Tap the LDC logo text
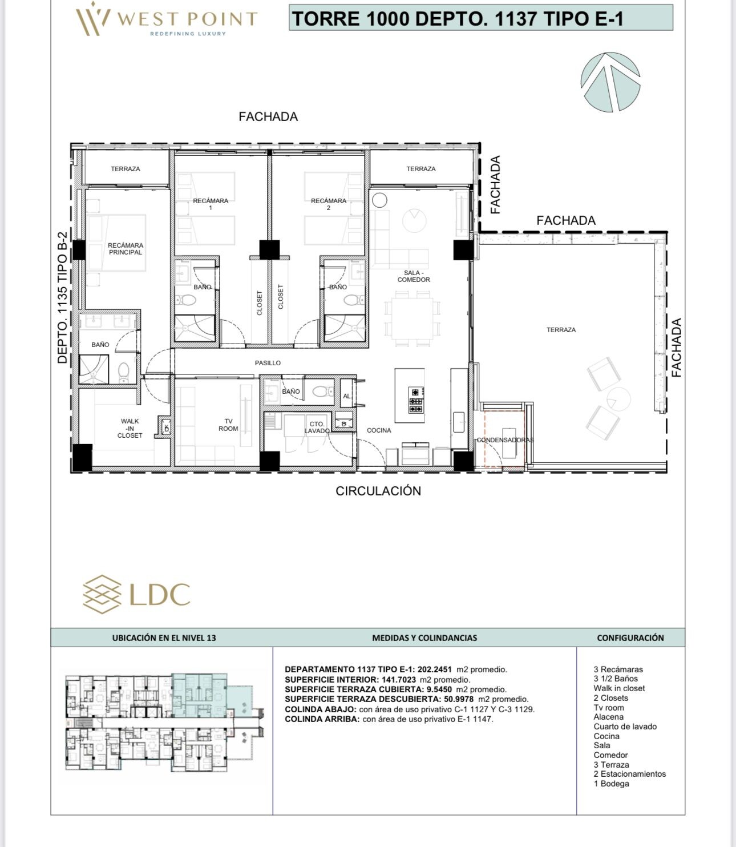[160, 594]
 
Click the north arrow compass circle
[610, 82]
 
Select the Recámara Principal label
[126, 248]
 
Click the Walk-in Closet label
[130, 428]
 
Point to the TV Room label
[228, 425]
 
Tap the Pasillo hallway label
[268, 362]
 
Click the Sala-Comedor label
[414, 276]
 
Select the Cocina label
[378, 430]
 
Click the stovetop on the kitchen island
[416, 400]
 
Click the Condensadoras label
[505, 439]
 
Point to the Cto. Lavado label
[317, 427]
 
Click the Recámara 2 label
[329, 204]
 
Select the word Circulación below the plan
[378, 491]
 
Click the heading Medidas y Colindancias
[424, 638]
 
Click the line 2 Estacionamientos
[630, 774]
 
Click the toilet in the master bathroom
[124, 373]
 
